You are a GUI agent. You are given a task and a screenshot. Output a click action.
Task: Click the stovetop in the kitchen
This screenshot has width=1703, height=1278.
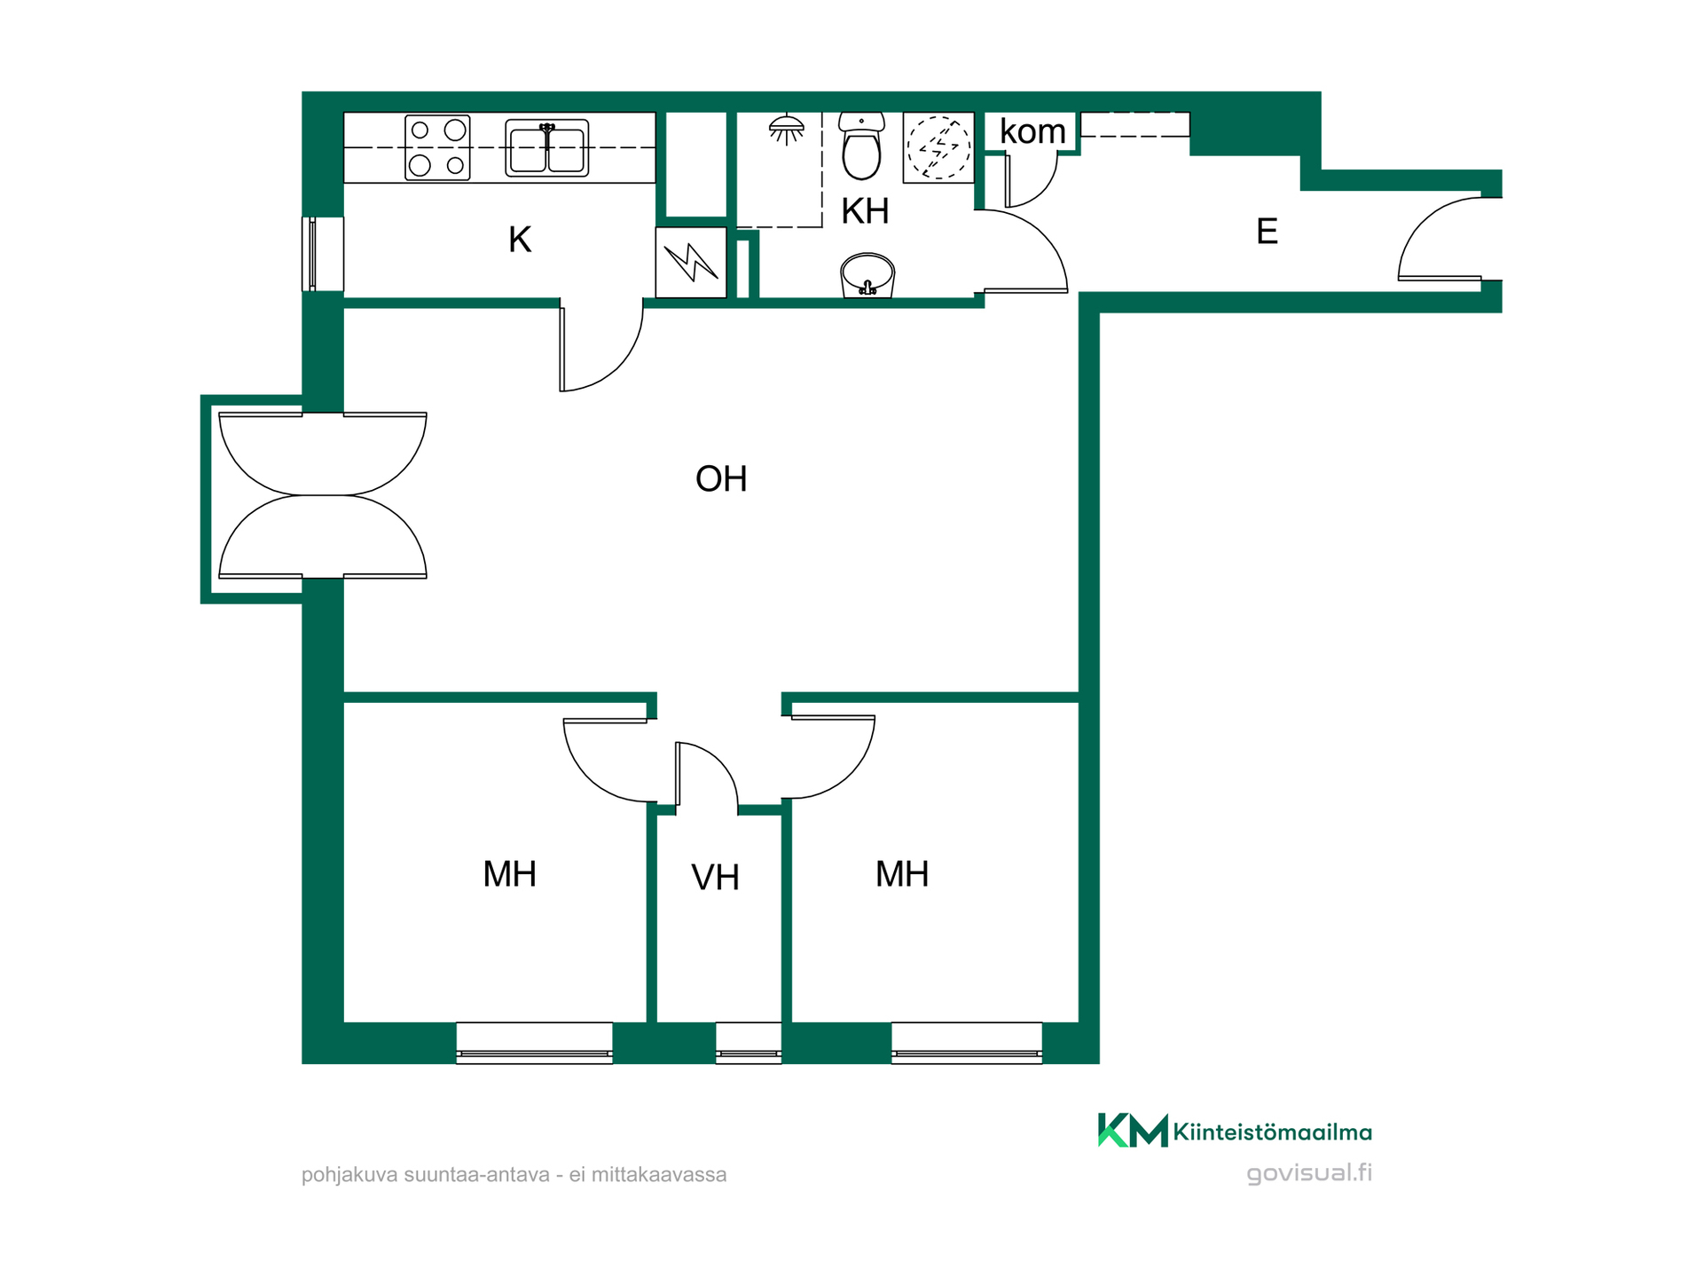[x=437, y=147]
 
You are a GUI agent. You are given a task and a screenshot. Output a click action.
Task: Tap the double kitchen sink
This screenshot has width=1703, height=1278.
[x=547, y=148]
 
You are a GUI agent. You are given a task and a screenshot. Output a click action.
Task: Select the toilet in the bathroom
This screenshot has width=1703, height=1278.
[x=861, y=146]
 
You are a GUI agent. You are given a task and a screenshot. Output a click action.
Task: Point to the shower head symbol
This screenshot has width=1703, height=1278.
[x=786, y=130]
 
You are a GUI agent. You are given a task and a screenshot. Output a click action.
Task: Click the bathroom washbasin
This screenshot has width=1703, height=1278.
[x=867, y=275]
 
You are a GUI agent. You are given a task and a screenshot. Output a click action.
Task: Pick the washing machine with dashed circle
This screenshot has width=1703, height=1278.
[x=938, y=147]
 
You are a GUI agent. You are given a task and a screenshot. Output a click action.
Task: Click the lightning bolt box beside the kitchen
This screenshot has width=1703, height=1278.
[x=691, y=262]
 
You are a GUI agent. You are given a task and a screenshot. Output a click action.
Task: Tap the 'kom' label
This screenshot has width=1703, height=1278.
[x=1032, y=131]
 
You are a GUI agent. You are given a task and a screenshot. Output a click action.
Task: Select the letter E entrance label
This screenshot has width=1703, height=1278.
[x=1267, y=232]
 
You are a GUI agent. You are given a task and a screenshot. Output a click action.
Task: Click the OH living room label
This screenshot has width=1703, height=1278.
[x=721, y=479]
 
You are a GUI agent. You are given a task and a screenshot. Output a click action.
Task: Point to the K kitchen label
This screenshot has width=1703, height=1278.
[x=520, y=240]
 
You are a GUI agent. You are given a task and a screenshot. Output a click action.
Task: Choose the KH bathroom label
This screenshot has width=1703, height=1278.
[x=865, y=211]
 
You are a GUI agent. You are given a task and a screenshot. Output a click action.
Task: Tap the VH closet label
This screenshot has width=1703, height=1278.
[x=715, y=878]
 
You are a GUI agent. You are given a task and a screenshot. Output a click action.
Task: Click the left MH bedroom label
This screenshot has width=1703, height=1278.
[x=509, y=874]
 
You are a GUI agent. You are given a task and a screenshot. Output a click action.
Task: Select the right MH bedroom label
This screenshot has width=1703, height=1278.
[x=902, y=874]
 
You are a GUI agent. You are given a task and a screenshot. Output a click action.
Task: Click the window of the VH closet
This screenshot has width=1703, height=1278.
[x=749, y=1043]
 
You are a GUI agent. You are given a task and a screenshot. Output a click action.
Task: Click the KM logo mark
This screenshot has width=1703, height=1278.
[x=1133, y=1130]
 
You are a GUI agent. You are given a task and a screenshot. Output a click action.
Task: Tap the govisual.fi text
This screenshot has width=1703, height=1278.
[x=1309, y=1172]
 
